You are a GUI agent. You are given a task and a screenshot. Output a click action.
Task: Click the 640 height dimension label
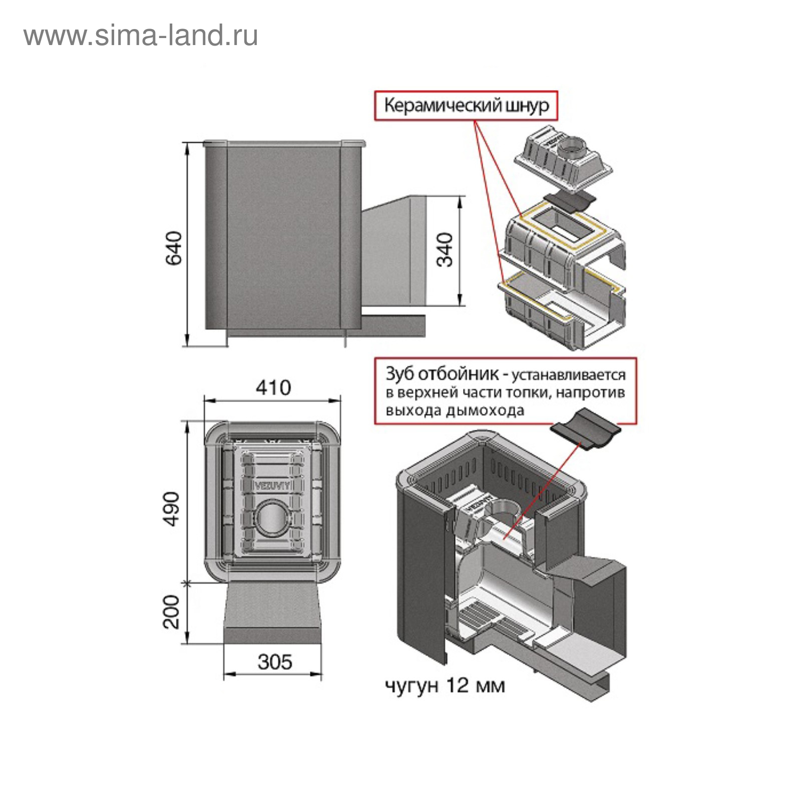[174, 248]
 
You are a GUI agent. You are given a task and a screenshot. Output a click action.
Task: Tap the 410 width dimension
[273, 387]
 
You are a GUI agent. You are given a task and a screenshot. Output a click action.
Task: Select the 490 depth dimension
[172, 509]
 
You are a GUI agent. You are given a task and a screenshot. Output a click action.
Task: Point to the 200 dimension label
[172, 612]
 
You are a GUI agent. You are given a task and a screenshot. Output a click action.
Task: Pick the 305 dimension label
[274, 662]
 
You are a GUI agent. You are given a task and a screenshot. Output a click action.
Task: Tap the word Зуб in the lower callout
[399, 374]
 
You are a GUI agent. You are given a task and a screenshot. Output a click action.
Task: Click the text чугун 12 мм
[445, 685]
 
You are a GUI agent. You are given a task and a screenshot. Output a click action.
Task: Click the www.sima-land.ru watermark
[141, 36]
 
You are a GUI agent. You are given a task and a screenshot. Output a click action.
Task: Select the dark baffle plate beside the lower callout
[585, 430]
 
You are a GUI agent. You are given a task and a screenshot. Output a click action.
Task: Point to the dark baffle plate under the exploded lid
[570, 201]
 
